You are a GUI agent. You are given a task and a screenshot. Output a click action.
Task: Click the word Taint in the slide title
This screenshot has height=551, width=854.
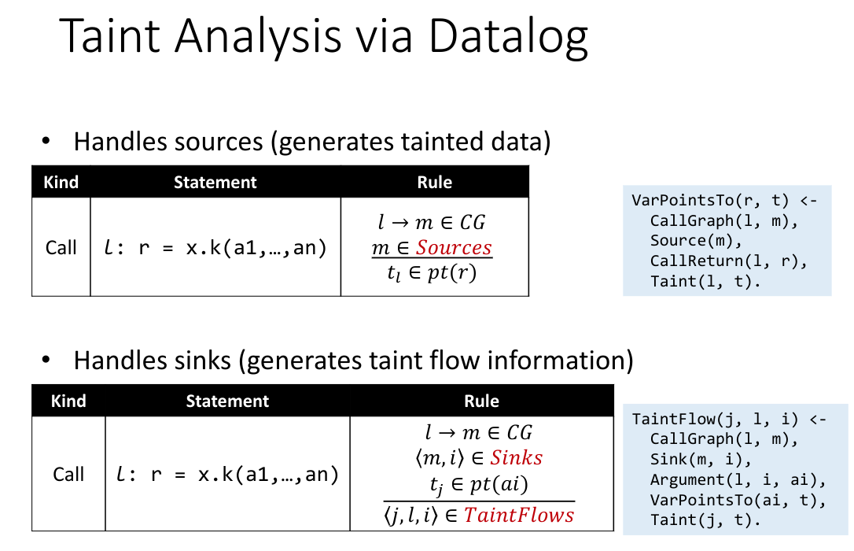(x=115, y=37)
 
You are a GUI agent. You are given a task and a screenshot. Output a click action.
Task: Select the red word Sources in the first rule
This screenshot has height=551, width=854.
(x=453, y=247)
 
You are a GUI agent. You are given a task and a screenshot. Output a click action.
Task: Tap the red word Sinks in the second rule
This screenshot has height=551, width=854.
(x=516, y=457)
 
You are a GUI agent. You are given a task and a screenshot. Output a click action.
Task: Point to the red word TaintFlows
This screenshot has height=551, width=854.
(x=518, y=515)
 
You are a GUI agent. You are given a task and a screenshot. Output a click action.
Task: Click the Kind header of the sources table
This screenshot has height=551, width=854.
(x=61, y=182)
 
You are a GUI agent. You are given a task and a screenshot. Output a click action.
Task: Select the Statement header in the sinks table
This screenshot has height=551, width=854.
(x=227, y=401)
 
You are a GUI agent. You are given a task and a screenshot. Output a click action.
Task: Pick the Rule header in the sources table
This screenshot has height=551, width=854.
(x=434, y=182)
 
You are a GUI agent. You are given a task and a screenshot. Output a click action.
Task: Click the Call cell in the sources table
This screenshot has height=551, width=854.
(x=61, y=247)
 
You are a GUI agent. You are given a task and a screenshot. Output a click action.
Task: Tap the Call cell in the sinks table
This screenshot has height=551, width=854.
(x=68, y=474)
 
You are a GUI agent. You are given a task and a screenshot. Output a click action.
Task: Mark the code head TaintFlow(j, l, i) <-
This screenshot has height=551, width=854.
(x=728, y=419)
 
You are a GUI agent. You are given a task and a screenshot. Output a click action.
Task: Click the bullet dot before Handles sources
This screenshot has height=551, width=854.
(x=47, y=142)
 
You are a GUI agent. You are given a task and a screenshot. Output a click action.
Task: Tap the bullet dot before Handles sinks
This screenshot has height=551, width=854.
(x=47, y=361)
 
